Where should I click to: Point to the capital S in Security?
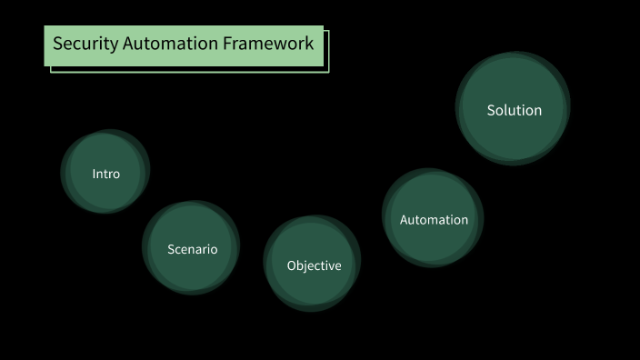pos(57,44)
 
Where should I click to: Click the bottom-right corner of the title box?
pos(326,71)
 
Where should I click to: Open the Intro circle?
pos(105,172)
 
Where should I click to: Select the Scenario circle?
pos(192,247)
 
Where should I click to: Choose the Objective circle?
pos(313,264)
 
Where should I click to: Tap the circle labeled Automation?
pos(433,218)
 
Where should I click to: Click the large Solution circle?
pos(514,108)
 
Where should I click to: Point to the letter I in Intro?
pos(95,174)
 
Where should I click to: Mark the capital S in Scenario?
pos(171,249)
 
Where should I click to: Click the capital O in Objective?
pos(292,265)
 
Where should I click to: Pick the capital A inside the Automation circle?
pos(405,220)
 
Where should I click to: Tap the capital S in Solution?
pos(492,110)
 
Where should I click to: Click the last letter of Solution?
pos(537,111)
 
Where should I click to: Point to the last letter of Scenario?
pos(214,249)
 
